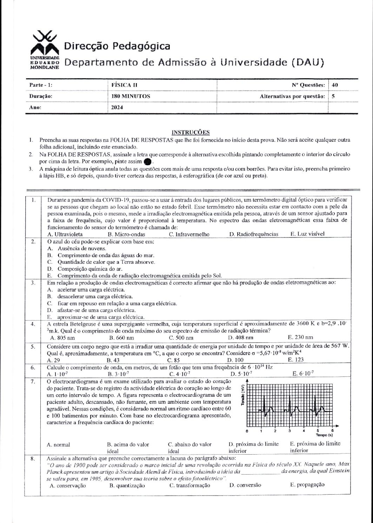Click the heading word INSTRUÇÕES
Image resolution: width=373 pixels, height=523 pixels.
coord(190,132)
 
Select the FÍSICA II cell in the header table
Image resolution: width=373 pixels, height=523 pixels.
coord(121,85)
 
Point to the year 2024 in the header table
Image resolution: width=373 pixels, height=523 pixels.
coord(117,108)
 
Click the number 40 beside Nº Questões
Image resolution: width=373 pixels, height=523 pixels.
coord(335,85)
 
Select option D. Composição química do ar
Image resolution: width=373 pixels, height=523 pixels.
coord(89,269)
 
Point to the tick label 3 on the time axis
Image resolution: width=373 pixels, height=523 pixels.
coord(289,431)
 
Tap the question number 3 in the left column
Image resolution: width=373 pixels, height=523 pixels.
coord(32,283)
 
